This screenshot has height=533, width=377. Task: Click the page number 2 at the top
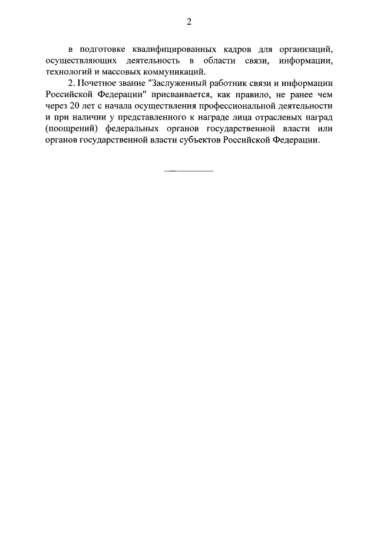pos(188,22)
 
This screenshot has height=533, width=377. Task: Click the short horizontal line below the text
pos(188,171)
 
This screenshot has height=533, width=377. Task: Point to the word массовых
pos(123,73)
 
